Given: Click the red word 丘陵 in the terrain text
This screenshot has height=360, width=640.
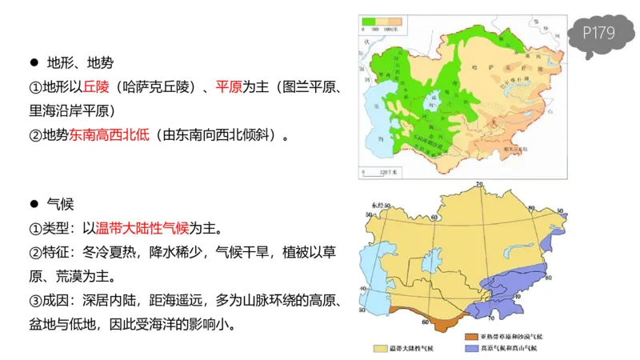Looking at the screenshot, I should pos(96,86).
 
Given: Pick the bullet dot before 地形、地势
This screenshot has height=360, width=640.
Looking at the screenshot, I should pos(34,62).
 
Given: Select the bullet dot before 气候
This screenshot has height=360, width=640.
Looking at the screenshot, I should pos(34,206).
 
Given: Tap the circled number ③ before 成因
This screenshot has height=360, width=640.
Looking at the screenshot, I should pos(35,301).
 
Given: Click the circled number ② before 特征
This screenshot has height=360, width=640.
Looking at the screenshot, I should pos(35,253).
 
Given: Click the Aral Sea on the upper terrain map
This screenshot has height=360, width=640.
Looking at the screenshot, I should pos(434,103).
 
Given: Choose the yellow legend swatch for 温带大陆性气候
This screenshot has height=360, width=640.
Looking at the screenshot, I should pos(379,350).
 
